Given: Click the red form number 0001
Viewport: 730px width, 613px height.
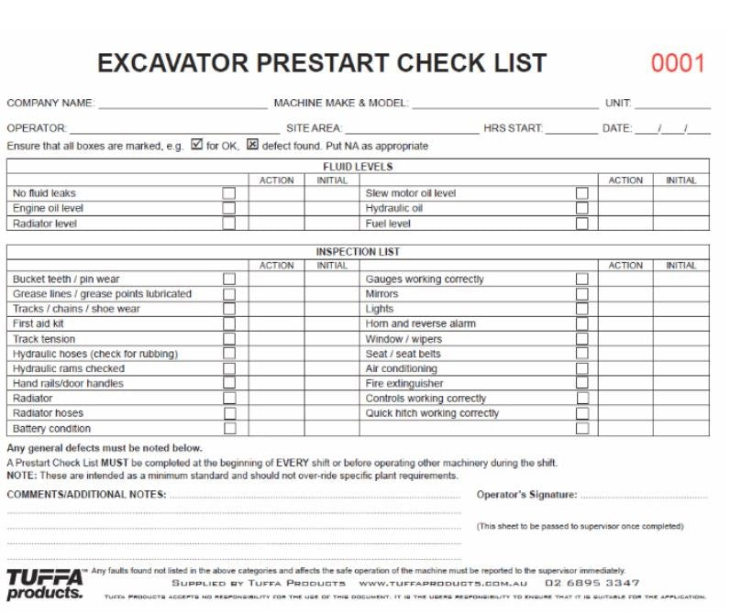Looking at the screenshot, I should click(678, 63).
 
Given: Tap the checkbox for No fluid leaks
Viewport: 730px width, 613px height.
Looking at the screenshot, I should click(229, 193).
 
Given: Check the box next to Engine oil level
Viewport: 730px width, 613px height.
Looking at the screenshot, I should click(229, 208).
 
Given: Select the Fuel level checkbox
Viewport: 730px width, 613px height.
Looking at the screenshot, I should click(581, 223).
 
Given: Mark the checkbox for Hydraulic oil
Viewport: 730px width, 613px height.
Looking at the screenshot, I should click(581, 208).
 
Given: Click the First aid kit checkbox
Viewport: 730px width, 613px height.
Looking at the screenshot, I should click(229, 323).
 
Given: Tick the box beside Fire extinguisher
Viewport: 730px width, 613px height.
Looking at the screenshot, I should click(581, 383).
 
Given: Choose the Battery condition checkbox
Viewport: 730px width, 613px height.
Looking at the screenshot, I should click(229, 428).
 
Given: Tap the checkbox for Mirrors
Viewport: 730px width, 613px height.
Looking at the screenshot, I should click(581, 294).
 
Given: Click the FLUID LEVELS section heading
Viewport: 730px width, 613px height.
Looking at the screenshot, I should click(358, 167).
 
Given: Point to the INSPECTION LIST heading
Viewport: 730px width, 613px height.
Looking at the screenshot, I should click(358, 252).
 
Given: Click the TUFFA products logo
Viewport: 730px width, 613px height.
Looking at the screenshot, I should click(45, 584).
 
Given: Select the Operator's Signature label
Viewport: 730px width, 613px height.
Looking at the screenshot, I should click(526, 495).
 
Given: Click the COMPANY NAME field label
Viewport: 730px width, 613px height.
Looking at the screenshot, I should click(50, 104).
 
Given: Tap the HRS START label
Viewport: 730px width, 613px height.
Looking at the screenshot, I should click(514, 128).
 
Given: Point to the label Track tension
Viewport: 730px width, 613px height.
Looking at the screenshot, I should click(44, 339).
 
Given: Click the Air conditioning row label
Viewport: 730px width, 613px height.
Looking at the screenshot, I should click(401, 368).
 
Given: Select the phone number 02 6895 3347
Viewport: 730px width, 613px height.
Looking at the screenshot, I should click(592, 583).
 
